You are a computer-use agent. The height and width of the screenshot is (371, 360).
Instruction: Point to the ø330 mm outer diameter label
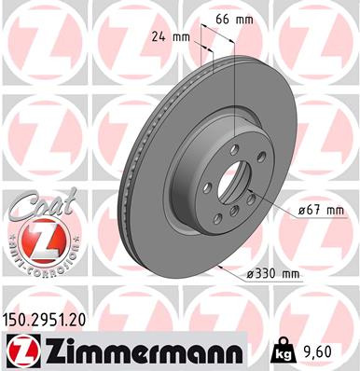tap(270, 273)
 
